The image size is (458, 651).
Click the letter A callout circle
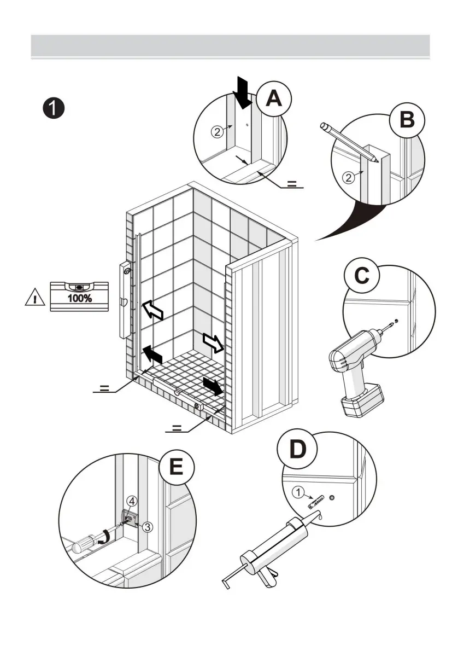coord(273,99)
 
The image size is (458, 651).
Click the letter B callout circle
coord(407,119)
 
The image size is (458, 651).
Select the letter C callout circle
coord(361,276)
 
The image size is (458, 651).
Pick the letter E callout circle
coord(176,468)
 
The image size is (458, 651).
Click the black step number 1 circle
coord(54,107)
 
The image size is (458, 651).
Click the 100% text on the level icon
coord(80,299)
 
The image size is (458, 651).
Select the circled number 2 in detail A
coord(218,132)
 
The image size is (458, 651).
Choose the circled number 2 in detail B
coord(348,177)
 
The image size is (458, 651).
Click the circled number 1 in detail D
coord(298,492)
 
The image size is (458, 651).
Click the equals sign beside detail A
coord(293,183)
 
